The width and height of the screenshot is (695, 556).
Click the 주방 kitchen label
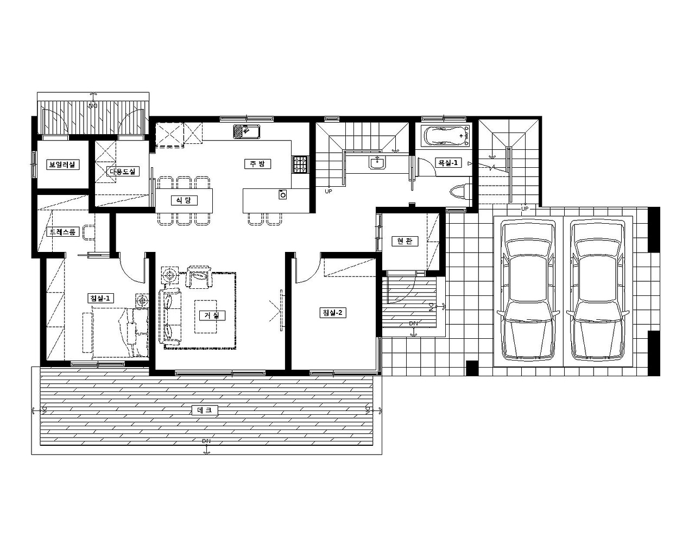pos(257,164)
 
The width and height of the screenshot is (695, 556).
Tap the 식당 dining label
pos(184,200)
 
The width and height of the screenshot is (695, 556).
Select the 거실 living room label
pos(212,315)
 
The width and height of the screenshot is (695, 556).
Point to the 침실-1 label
pos(100,298)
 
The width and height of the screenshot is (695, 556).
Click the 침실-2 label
pos(333,313)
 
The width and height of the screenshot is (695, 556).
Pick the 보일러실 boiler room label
pos(62,165)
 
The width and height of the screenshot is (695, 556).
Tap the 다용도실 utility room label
pos(123,171)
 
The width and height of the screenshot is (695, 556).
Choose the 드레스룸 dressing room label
pos(62,232)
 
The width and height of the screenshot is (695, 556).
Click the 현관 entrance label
pos(405,241)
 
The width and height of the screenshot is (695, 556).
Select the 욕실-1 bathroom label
pos(447,162)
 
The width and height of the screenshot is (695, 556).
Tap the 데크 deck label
pos(205,410)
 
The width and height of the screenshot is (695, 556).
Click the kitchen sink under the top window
pos(247,131)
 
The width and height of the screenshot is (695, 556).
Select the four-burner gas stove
pos(301,164)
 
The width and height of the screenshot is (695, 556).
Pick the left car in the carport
pos(528,290)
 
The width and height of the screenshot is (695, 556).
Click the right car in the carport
pos(598,290)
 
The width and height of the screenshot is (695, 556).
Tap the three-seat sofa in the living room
pos(170,316)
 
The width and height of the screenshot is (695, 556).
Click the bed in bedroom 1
pos(120,333)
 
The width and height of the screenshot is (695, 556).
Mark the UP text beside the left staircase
pos(328,191)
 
